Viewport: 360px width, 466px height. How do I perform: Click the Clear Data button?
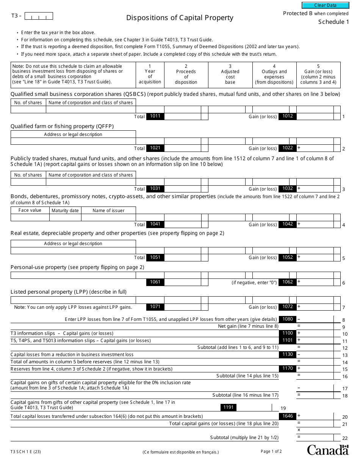point(325,5)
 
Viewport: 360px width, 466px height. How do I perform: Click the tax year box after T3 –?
point(39,16)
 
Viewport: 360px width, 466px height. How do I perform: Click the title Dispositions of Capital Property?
point(180,18)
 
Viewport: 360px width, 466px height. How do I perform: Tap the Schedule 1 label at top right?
point(333,22)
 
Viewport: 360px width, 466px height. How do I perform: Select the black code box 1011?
point(155,116)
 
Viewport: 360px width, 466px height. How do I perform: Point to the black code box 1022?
point(287,148)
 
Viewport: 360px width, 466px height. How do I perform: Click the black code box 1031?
point(155,188)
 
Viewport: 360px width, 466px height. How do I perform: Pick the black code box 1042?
point(287,224)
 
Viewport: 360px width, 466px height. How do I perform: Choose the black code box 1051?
point(155,257)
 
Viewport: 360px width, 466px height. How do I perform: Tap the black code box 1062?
point(287,282)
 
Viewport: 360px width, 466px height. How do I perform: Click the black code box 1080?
point(287,319)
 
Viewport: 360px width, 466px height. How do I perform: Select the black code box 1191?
point(229,407)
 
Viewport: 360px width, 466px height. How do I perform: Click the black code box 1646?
point(287,416)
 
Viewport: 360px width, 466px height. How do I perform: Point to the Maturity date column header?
point(65,210)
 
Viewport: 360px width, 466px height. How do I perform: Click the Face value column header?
point(30,210)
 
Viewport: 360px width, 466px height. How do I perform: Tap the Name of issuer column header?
point(108,210)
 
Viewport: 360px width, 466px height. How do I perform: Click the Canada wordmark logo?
point(327,450)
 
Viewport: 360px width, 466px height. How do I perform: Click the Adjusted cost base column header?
point(230,77)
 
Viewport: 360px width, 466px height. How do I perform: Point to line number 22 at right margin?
point(344,438)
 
